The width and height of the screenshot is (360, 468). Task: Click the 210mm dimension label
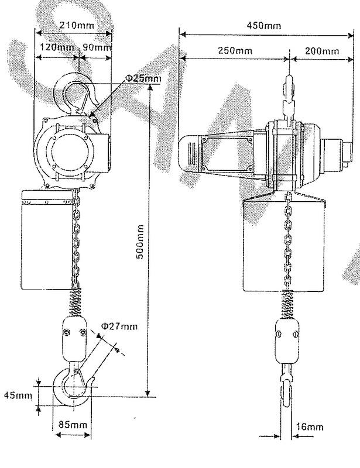pyautogui.click(x=77, y=25)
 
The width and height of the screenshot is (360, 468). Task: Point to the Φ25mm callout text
pyautogui.click(x=143, y=78)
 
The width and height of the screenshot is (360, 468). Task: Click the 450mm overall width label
pyautogui.click(x=264, y=25)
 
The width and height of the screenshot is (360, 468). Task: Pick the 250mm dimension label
pyautogui.click(x=235, y=50)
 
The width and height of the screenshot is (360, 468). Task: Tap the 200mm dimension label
pyautogui.click(x=322, y=51)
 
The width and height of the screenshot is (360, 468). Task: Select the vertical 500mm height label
pyautogui.click(x=140, y=242)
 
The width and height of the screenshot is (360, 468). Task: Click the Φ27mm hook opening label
pyautogui.click(x=119, y=326)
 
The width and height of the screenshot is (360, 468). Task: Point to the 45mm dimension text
pyautogui.click(x=18, y=395)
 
